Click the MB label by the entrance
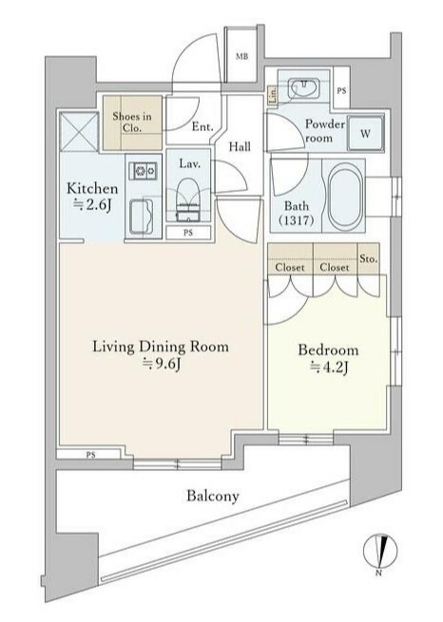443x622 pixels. point(241,57)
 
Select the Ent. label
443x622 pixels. point(202,126)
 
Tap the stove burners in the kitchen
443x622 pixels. point(145,171)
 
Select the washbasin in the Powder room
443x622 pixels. point(304,87)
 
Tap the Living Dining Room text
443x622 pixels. point(161,347)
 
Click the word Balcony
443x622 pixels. point(212,496)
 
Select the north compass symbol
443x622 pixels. point(378,551)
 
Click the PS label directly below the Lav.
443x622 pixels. point(190,233)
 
